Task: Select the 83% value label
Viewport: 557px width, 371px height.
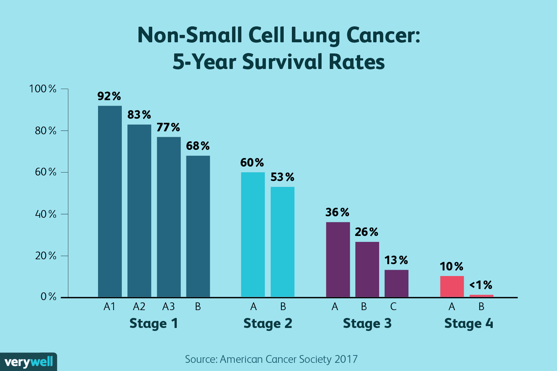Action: coord(139,115)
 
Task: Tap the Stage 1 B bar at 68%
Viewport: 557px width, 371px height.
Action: coord(198,226)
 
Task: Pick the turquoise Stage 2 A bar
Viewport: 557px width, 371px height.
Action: coord(253,234)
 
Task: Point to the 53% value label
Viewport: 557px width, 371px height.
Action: coord(282,177)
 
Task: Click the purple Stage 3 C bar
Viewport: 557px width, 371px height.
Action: coord(396,283)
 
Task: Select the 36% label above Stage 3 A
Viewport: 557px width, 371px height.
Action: coord(337,213)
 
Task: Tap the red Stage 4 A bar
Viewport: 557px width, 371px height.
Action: coord(452,286)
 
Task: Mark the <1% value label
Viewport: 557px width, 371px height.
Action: coord(481,285)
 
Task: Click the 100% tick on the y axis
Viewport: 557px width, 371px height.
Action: coord(43,89)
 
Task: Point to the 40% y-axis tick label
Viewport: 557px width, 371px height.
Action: coord(46,214)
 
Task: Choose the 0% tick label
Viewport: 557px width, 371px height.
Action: coord(49,297)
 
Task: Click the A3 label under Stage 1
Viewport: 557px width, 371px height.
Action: coord(168,307)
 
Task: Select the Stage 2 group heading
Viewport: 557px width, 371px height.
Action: coord(268,324)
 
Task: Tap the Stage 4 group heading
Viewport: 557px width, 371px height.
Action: coord(469,324)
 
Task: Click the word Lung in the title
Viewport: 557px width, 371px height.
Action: coord(315,36)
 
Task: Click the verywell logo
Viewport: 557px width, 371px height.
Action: coord(29,362)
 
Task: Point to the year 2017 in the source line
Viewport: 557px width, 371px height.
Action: coord(346,359)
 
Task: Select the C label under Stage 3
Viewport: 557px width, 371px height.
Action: coord(393,307)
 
